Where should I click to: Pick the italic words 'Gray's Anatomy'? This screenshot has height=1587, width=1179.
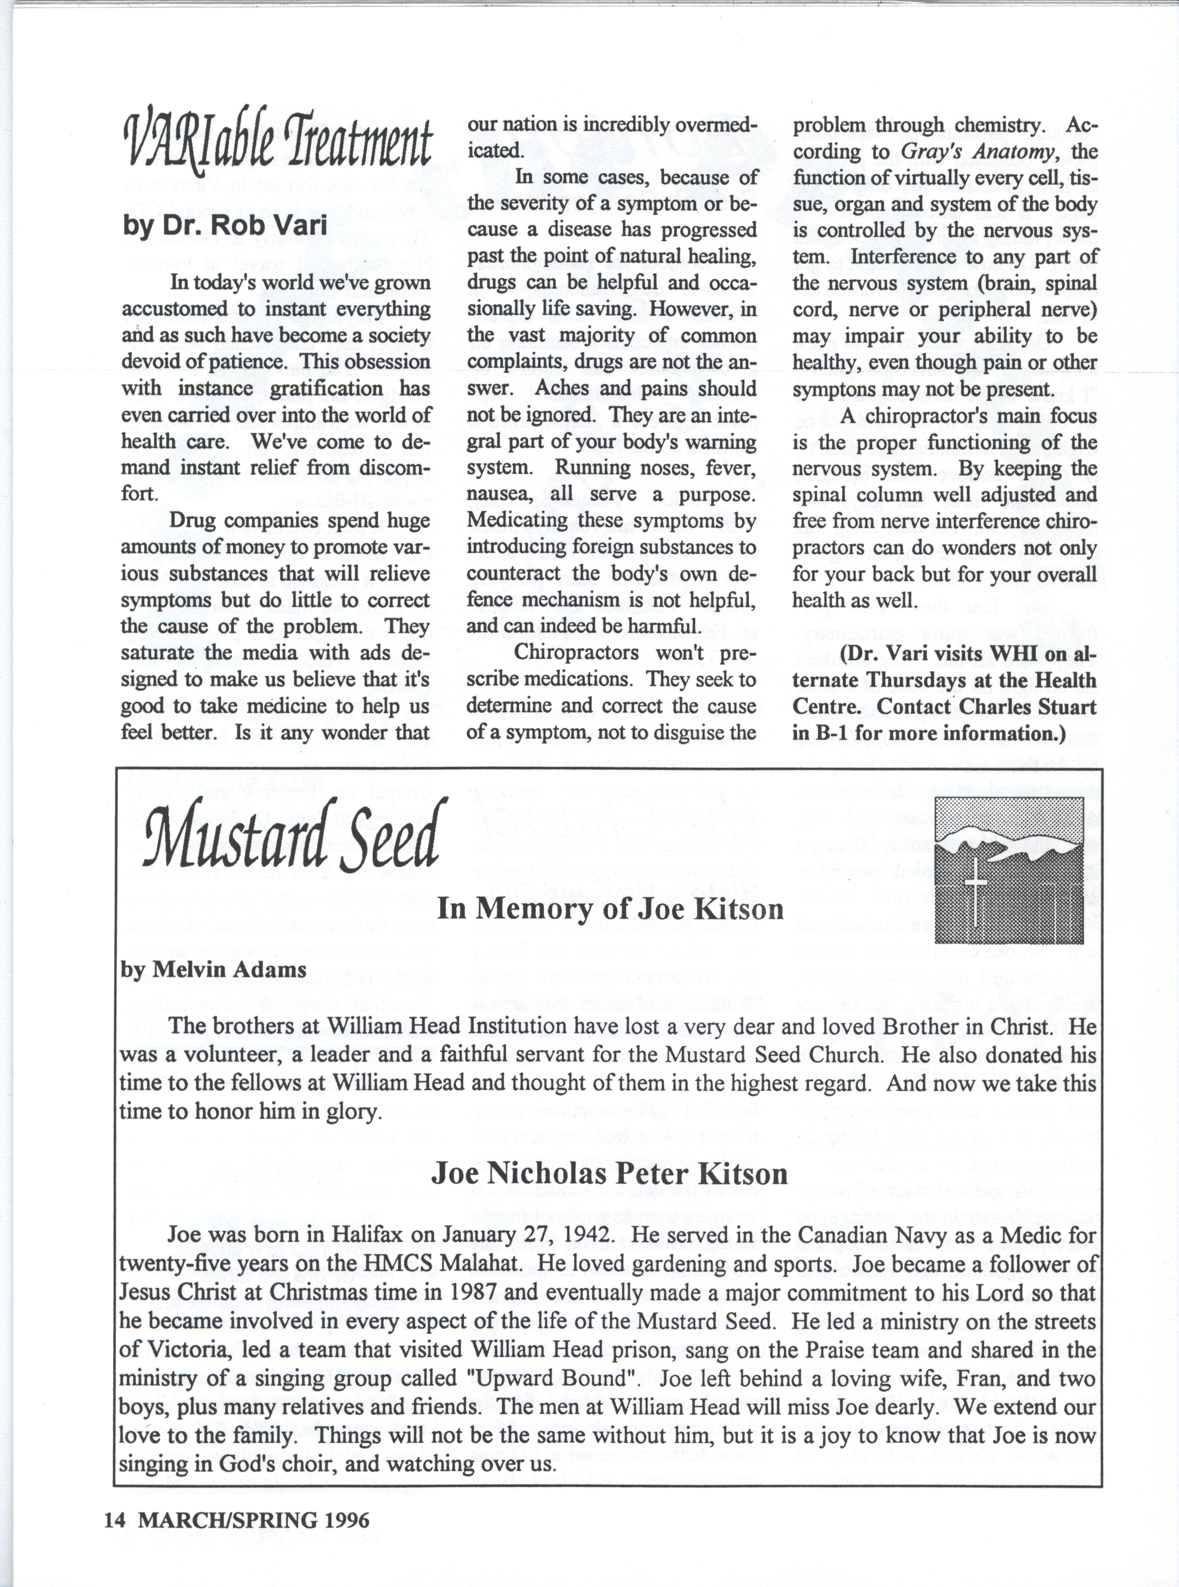(978, 151)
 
